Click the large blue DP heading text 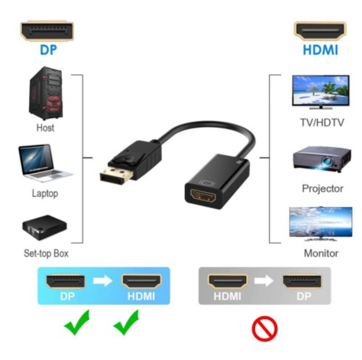point(48,50)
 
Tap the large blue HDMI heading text point(320,50)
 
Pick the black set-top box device point(45,227)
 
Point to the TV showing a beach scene point(321,92)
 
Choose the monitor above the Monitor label point(321,224)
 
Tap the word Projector point(323,189)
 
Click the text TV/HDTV point(322,122)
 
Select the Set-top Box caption point(46,254)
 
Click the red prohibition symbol point(265,328)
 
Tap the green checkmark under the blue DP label point(77,322)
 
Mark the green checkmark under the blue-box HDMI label point(126,322)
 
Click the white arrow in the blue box point(103,281)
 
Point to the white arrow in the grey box point(264,281)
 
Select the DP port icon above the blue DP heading point(47,31)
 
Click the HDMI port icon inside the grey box point(228,281)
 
